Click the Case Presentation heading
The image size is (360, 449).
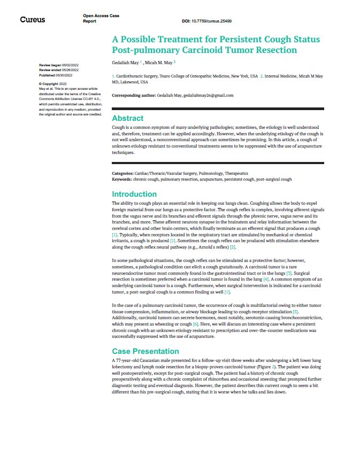pos(145,351)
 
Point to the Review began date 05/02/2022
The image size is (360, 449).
pos(70,65)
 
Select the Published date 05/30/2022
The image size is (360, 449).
pos(68,74)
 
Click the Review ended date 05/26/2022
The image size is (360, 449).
pos(71,69)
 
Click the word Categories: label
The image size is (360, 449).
pos(122,174)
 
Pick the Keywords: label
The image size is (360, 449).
pos(121,179)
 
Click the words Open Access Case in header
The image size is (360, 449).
pos(101,17)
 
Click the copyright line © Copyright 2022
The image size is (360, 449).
pos(52,84)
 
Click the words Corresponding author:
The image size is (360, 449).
pos(132,95)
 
